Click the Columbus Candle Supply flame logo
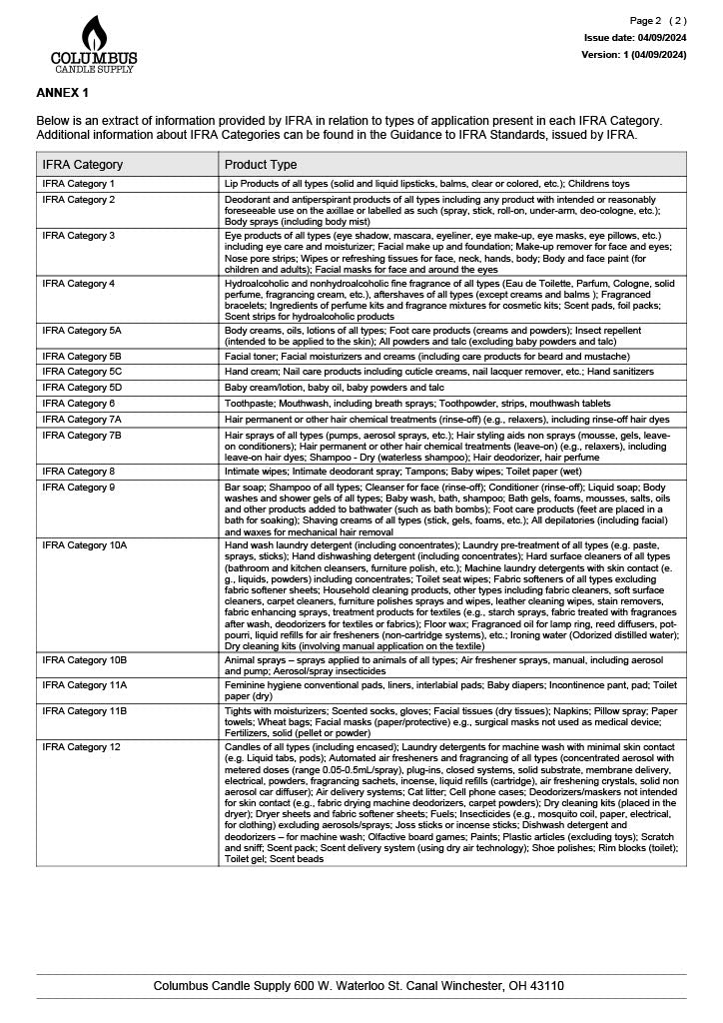(94, 45)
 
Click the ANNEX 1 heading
(62, 93)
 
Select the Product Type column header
(261, 165)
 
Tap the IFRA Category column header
(83, 165)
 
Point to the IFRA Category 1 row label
(79, 185)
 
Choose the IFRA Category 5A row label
(82, 330)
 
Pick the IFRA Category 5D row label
(82, 387)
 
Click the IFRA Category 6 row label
(79, 403)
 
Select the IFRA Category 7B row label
(82, 436)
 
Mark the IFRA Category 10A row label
(85, 545)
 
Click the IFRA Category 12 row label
(82, 747)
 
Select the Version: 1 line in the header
(634, 54)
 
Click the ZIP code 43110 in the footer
(547, 986)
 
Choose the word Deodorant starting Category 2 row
(249, 200)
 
